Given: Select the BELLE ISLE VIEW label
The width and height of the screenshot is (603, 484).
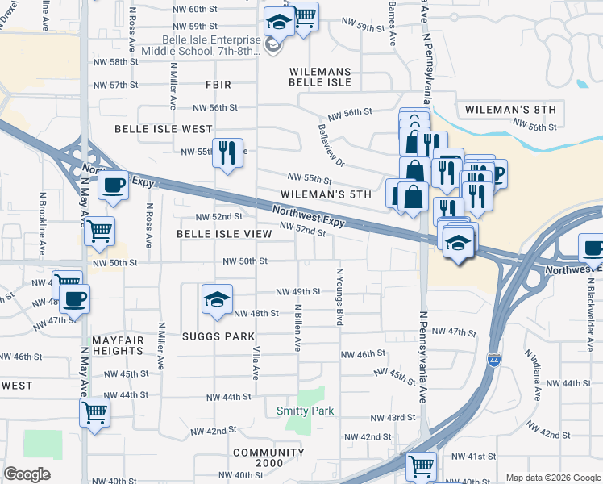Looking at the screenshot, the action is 224,233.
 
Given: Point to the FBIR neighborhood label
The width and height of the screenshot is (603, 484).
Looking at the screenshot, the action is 218,84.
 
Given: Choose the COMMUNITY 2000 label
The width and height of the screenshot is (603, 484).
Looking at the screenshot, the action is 258,457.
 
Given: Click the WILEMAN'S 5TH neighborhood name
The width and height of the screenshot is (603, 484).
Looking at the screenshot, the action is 326,194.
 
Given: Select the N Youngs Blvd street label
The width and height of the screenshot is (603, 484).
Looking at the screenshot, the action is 339,298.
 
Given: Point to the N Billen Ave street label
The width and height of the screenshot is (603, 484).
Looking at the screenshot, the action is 297,328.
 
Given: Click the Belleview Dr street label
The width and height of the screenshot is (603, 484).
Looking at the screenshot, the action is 331,145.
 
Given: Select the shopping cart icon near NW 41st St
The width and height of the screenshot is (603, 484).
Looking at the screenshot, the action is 421,465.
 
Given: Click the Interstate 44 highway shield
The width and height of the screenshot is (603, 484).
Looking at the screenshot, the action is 493,360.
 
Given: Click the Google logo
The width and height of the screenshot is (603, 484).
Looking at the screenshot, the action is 27,474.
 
